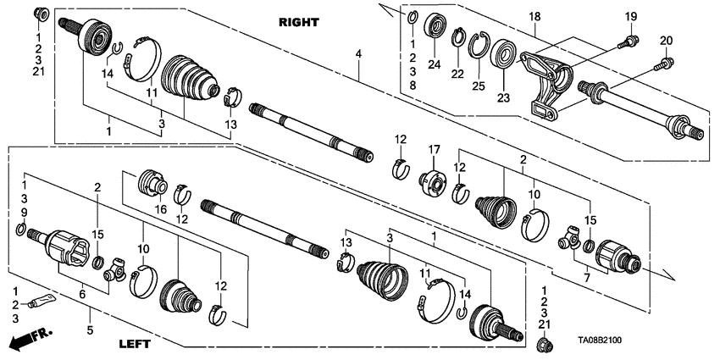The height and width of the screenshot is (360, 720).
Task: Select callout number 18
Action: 534,17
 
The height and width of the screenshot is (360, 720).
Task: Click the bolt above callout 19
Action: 629,39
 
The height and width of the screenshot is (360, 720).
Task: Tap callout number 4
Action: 359,54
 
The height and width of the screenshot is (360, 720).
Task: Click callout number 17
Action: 434,151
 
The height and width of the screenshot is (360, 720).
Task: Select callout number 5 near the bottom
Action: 89,328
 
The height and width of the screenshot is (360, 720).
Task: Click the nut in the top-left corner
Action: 39,14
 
